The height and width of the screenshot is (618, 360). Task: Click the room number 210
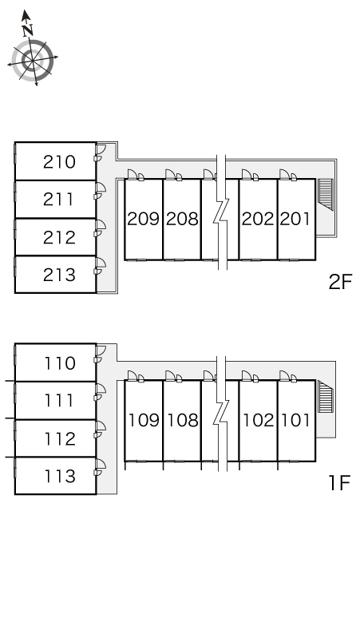click(x=59, y=162)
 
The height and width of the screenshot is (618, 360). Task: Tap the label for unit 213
click(x=59, y=275)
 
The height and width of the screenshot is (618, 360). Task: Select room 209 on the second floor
click(x=144, y=219)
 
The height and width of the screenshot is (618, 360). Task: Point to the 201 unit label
click(x=295, y=219)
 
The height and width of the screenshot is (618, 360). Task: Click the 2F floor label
click(x=340, y=282)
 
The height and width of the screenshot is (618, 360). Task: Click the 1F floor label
click(x=339, y=483)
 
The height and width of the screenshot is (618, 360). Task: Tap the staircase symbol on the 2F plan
click(x=326, y=194)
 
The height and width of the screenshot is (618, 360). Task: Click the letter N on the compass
click(x=27, y=30)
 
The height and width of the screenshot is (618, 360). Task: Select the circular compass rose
click(x=32, y=61)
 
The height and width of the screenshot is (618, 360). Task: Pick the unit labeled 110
click(x=60, y=363)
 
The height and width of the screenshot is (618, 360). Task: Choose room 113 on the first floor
click(x=60, y=476)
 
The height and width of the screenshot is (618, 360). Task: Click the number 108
click(x=183, y=420)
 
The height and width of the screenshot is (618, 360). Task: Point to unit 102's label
click(x=258, y=420)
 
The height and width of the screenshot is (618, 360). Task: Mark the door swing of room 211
click(x=101, y=190)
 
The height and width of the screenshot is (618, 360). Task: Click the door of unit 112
click(x=101, y=429)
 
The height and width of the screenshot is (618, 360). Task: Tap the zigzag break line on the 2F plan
click(x=221, y=213)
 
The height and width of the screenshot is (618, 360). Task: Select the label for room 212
click(x=59, y=238)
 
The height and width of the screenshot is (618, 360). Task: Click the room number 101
click(x=295, y=420)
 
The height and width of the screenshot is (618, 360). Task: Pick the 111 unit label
click(x=59, y=401)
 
